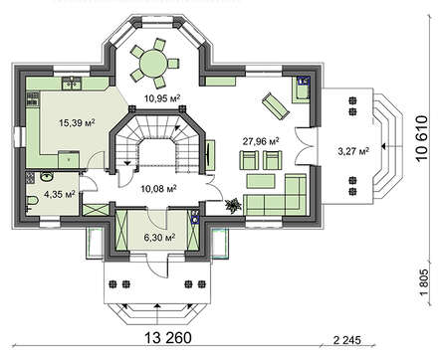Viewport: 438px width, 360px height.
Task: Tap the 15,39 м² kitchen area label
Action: [77, 123]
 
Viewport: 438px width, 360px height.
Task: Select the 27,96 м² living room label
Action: [261, 141]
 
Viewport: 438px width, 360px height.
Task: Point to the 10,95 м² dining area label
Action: [162, 97]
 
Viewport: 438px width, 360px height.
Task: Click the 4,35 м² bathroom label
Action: [60, 194]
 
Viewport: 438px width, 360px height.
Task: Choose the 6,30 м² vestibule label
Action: [159, 238]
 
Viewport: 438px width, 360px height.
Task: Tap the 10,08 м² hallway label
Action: [158, 189]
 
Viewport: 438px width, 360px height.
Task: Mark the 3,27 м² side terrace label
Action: [353, 151]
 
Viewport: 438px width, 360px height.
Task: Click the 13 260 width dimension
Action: [168, 338]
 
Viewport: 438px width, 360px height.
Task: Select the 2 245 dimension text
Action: [346, 340]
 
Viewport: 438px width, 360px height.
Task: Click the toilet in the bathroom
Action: [32, 201]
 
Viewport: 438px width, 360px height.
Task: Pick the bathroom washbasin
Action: [48, 176]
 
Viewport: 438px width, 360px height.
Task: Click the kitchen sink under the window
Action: [71, 83]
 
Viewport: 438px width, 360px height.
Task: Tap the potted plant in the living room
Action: [233, 205]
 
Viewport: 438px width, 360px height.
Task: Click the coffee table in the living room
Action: [261, 181]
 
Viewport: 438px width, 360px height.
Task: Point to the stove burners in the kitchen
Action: [33, 98]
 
